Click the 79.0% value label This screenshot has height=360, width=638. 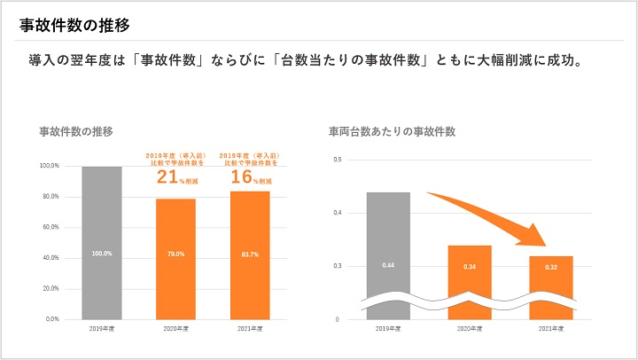(x=175, y=254)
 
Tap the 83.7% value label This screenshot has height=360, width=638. (x=250, y=254)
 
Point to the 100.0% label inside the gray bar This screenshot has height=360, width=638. (x=102, y=254)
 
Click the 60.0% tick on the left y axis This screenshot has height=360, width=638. (x=50, y=227)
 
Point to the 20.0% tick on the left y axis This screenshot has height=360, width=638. (x=50, y=288)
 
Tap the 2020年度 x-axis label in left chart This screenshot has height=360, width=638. (x=175, y=329)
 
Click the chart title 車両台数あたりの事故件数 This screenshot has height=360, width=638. (x=392, y=131)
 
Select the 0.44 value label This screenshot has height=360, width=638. (x=388, y=266)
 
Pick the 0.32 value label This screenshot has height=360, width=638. (x=550, y=266)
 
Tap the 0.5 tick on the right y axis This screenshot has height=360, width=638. (x=337, y=160)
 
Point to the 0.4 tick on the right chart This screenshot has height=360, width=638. (x=337, y=213)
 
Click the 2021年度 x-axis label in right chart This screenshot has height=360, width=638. (x=550, y=329)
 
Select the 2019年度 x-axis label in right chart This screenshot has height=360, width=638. (x=388, y=329)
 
